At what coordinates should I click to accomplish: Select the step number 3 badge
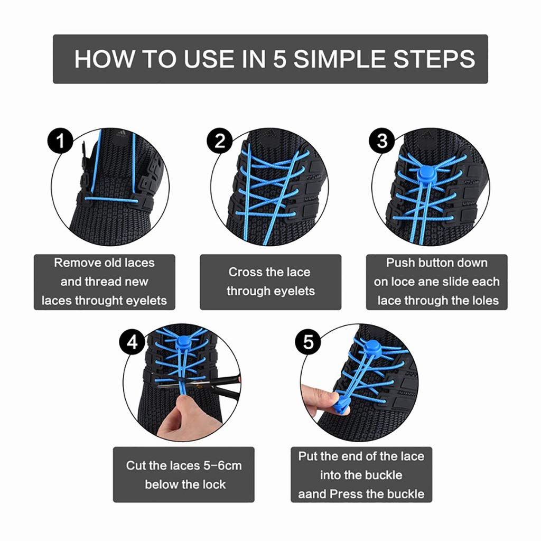pyautogui.click(x=382, y=142)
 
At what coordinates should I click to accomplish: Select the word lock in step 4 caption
pyautogui.click(x=214, y=484)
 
